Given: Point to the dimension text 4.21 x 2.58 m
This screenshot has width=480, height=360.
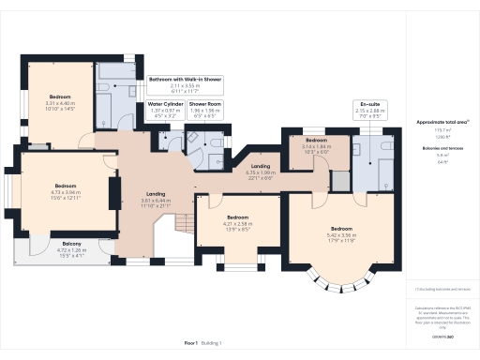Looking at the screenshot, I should point(239,224).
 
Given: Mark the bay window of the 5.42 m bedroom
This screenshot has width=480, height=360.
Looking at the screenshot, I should point(340,276).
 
